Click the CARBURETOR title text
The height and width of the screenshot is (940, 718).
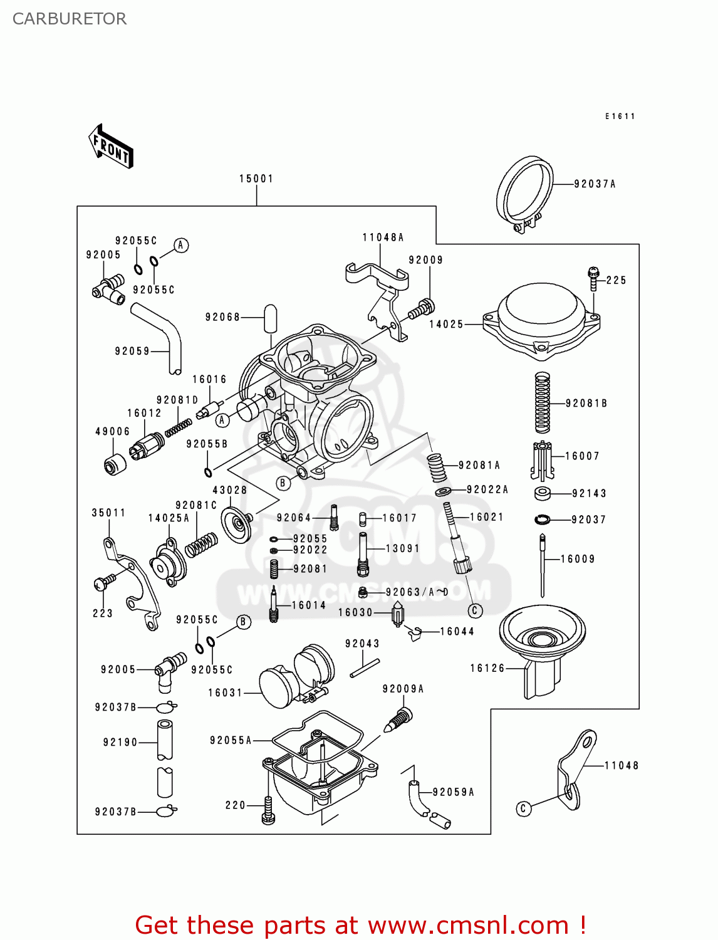point(70,19)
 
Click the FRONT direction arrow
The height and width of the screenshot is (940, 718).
point(111,147)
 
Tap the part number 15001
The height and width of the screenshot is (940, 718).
point(256,179)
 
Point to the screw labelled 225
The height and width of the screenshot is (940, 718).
point(593,278)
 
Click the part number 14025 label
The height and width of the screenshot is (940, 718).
point(446,324)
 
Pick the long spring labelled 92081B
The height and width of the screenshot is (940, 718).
point(543,403)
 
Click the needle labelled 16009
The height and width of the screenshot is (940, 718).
point(542,564)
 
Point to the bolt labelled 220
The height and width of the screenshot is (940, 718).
point(268,809)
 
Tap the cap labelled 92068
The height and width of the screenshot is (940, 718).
point(270,318)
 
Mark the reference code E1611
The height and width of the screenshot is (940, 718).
point(620,116)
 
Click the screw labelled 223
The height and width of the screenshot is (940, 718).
point(103,582)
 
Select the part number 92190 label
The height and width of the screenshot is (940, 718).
point(120,742)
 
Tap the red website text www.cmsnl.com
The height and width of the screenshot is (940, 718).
point(467,925)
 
